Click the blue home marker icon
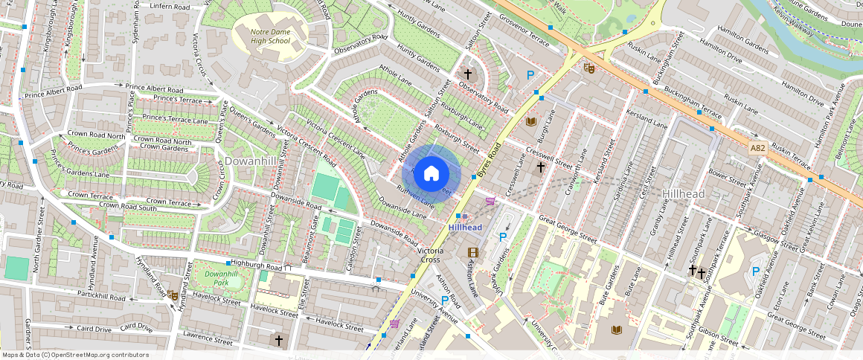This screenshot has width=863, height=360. (x=431, y=174)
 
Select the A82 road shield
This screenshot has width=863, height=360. (x=758, y=148)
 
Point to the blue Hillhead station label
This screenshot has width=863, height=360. (x=465, y=227)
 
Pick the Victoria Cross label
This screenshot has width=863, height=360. (x=430, y=255)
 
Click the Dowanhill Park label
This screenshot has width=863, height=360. (x=221, y=278)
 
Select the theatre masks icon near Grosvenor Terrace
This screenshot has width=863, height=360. (x=589, y=68)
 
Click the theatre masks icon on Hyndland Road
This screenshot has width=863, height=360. (x=173, y=295)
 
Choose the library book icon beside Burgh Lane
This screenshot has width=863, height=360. (x=531, y=121)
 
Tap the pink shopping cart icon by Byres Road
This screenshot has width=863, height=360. (x=490, y=201)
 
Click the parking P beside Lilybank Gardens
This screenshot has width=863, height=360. (x=502, y=237)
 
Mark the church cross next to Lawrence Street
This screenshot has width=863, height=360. (x=279, y=340)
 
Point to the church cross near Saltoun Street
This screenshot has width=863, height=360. (x=468, y=74)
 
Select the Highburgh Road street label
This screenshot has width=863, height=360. (x=256, y=264)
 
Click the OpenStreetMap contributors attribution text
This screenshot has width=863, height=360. (x=75, y=355)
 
